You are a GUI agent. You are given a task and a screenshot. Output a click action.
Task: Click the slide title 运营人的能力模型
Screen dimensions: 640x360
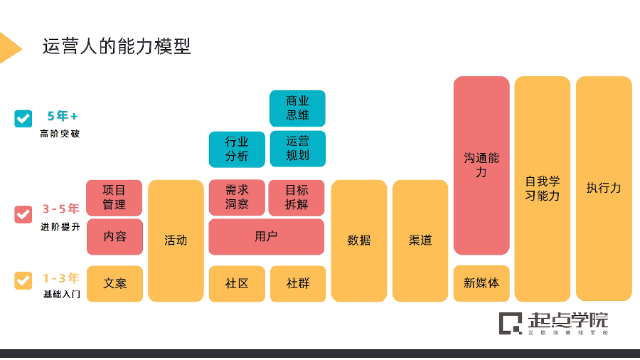116,46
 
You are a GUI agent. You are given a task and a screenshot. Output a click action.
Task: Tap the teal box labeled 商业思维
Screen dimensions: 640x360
297,108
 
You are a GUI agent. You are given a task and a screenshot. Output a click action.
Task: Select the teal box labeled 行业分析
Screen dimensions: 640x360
237,149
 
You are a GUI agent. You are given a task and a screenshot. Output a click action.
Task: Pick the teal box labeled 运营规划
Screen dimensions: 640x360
297,149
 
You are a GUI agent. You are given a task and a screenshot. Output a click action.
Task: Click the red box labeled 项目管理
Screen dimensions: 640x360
114,197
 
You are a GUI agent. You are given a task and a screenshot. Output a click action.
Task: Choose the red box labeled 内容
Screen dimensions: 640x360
114,236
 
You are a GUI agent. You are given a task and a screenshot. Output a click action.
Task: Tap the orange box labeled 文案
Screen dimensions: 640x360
114,283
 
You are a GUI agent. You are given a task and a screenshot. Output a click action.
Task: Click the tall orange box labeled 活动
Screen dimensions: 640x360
176,240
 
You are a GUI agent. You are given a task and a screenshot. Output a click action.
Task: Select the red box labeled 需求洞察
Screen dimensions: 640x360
237,197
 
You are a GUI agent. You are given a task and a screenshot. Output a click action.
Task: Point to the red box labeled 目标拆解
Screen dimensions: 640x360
297,197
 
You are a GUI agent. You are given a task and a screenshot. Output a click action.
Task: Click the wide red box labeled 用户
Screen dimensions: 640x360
266,236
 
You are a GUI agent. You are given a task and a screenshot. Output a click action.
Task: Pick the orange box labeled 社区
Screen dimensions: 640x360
237,283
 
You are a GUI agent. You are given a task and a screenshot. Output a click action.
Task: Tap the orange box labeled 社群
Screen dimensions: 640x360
297,283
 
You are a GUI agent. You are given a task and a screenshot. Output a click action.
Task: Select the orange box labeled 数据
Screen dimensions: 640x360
359,240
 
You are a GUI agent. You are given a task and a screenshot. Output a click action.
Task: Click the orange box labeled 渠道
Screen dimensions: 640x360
420,240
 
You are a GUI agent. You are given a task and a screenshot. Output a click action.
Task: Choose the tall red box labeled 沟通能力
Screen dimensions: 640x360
481,165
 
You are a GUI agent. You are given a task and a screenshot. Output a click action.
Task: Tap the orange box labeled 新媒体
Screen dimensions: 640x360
481,283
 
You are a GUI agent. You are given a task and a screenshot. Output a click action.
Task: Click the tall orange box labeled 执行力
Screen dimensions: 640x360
604,189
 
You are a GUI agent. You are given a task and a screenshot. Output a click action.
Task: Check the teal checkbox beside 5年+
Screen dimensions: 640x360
23,118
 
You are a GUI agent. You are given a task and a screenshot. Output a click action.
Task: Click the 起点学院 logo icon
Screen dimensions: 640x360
510,322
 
